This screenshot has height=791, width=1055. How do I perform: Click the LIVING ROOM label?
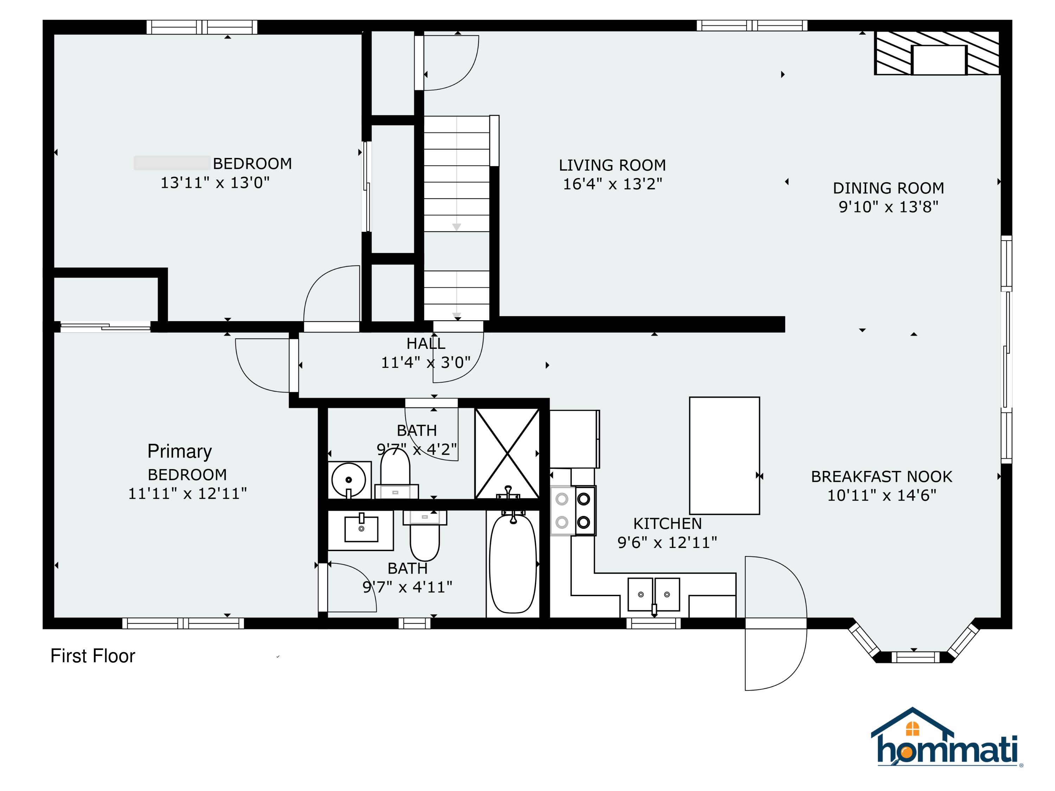[612, 165]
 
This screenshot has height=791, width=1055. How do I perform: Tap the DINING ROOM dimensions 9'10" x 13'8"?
[889, 206]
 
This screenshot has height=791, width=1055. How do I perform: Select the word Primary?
[179, 451]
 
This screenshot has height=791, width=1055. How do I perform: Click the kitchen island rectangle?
[724, 455]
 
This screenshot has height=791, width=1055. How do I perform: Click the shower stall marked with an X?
[507, 453]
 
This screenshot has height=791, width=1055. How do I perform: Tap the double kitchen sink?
[654, 594]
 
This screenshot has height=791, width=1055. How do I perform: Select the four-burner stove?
[573, 510]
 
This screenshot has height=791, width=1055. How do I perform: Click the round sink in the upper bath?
[349, 479]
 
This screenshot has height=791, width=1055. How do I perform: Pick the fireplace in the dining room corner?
[937, 53]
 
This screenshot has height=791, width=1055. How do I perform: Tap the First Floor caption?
[93, 656]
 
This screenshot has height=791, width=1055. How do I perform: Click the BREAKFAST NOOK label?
[881, 477]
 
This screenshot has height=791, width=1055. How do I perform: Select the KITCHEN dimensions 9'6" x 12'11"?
[667, 542]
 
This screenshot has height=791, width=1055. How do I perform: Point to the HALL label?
[426, 344]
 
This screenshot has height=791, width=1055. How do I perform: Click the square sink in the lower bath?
[362, 529]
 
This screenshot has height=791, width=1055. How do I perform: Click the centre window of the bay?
[916, 657]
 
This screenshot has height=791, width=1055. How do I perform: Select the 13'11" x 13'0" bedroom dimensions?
[215, 183]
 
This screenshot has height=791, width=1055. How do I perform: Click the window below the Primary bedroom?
[183, 623]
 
